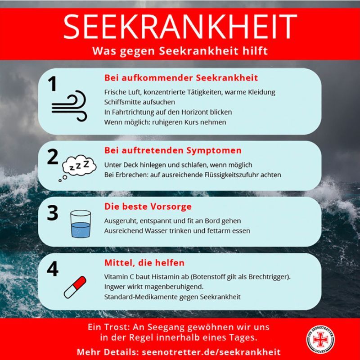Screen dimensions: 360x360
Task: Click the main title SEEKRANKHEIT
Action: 180,27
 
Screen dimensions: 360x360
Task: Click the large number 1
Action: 53,84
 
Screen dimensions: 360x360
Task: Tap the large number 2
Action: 53,157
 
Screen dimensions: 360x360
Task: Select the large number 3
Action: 53,213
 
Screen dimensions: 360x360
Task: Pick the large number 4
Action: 53,269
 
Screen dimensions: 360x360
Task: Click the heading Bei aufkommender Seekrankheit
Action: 181,78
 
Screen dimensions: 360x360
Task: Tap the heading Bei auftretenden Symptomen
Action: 173,150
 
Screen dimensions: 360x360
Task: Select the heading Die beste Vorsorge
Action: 148,207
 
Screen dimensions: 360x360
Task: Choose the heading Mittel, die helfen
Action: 144,262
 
